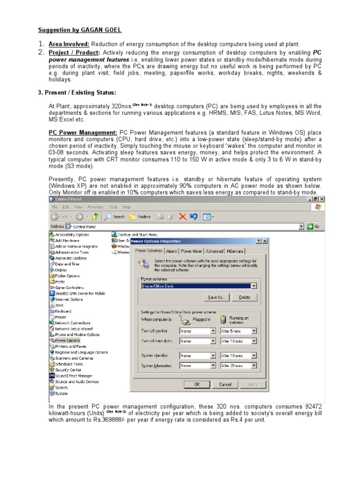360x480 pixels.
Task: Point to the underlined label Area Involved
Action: coord(69,44)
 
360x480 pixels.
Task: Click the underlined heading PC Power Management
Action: coord(83,133)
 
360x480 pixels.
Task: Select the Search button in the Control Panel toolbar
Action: coord(115,217)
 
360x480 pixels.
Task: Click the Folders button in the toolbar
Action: coord(140,217)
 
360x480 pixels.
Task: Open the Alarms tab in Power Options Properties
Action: coord(171,251)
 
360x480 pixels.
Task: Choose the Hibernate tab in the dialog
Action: coord(235,251)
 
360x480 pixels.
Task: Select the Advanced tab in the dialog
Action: coord(214,251)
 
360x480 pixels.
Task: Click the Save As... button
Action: coord(217,297)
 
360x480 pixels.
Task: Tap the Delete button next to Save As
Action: coord(244,297)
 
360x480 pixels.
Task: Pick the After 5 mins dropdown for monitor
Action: coord(239,330)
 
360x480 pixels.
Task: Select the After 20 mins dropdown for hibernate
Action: coord(239,366)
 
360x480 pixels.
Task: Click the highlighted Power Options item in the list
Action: coord(67,341)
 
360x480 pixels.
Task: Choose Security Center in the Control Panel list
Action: coord(68,370)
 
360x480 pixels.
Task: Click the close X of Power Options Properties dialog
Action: coord(265,241)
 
